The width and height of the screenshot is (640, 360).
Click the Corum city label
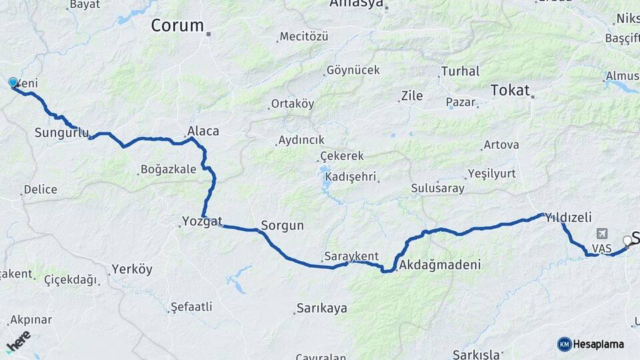[x=177, y=26]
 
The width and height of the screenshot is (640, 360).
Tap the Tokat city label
[x=510, y=90]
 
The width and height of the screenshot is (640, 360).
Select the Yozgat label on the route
[x=202, y=221]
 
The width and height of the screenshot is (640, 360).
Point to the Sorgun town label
[x=282, y=225]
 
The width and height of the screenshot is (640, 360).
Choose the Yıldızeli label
[x=568, y=217]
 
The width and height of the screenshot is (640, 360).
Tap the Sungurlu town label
[x=61, y=133]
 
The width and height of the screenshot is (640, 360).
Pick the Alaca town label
[x=203, y=131]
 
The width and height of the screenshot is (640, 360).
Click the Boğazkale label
[x=169, y=169]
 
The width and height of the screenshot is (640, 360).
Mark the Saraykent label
[x=351, y=256]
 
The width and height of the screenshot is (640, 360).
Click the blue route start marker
[x=13, y=83]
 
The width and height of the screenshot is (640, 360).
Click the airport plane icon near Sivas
[x=603, y=234]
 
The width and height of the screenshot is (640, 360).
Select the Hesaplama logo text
[x=599, y=344]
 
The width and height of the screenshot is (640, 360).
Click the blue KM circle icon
[x=565, y=344]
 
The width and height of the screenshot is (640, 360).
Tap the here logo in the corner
[x=18, y=340]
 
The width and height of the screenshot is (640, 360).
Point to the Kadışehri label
[x=351, y=177]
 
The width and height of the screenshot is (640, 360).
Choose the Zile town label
[x=411, y=96]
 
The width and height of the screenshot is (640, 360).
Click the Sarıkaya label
[x=321, y=309]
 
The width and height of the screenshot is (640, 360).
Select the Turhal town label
[x=460, y=71]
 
